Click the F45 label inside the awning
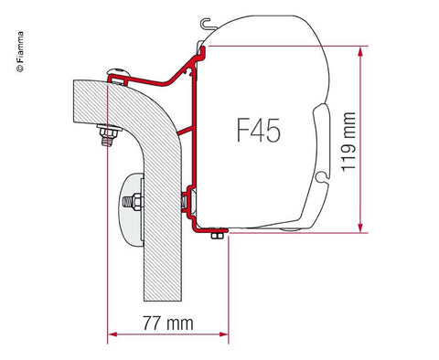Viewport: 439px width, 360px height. pyautogui.click(x=259, y=130)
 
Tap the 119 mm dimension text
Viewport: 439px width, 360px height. pyautogui.click(x=348, y=142)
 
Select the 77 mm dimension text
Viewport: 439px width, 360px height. pyautogui.click(x=168, y=323)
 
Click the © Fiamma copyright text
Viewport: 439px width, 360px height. pyautogui.click(x=20, y=52)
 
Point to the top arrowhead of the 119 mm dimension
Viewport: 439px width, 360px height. pyautogui.click(x=360, y=51)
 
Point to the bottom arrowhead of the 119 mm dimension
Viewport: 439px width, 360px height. pyautogui.click(x=360, y=228)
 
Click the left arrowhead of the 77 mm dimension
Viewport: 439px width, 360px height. pyautogui.click(x=112, y=334)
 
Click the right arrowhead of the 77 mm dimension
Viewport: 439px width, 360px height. pyautogui.click(x=223, y=334)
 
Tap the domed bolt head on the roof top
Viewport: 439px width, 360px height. pyautogui.click(x=119, y=72)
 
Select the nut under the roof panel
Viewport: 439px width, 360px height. pyautogui.click(x=110, y=133)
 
